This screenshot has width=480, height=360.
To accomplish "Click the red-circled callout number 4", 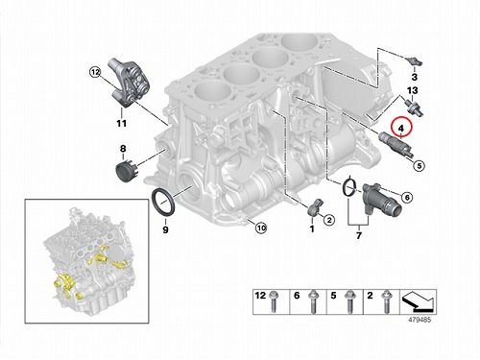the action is click(x=401, y=128).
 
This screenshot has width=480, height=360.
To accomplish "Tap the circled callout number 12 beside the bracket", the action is click(x=95, y=72).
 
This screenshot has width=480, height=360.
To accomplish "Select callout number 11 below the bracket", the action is click(x=121, y=123).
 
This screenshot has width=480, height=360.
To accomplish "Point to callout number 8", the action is click(x=123, y=149).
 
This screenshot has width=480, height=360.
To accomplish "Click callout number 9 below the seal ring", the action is click(x=165, y=229).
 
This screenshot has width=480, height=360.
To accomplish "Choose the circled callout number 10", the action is click(x=261, y=228).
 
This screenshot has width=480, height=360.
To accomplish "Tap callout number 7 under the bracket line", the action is click(x=359, y=235).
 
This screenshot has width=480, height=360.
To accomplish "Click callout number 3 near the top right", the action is click(x=415, y=77).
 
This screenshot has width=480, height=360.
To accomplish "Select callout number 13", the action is click(x=413, y=90).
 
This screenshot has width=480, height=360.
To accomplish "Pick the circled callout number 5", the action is click(x=419, y=165).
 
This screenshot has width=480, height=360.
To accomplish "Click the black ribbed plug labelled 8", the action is click(x=126, y=172).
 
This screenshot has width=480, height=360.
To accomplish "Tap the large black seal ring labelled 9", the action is click(x=163, y=203).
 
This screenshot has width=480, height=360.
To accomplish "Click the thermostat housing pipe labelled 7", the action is click(x=381, y=201).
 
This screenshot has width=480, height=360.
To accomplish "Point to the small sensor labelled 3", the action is click(x=415, y=60).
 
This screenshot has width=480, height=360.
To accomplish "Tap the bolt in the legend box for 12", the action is click(x=273, y=301).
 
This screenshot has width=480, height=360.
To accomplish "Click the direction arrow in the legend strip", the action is click(x=419, y=301).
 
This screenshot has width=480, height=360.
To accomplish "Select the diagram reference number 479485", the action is click(x=420, y=320).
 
